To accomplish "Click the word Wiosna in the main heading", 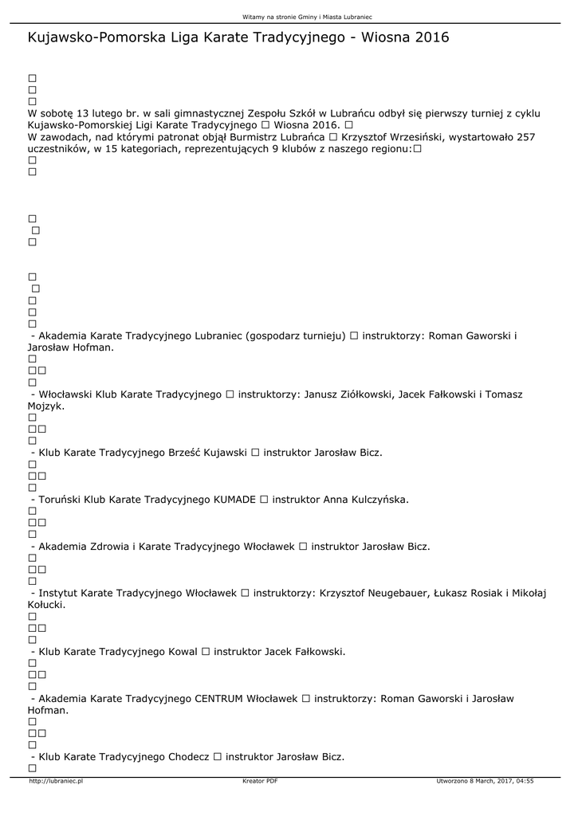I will [385, 37].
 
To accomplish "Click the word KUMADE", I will [235, 500].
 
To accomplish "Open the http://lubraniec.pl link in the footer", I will [56, 782].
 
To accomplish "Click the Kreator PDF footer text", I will [260, 782].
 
